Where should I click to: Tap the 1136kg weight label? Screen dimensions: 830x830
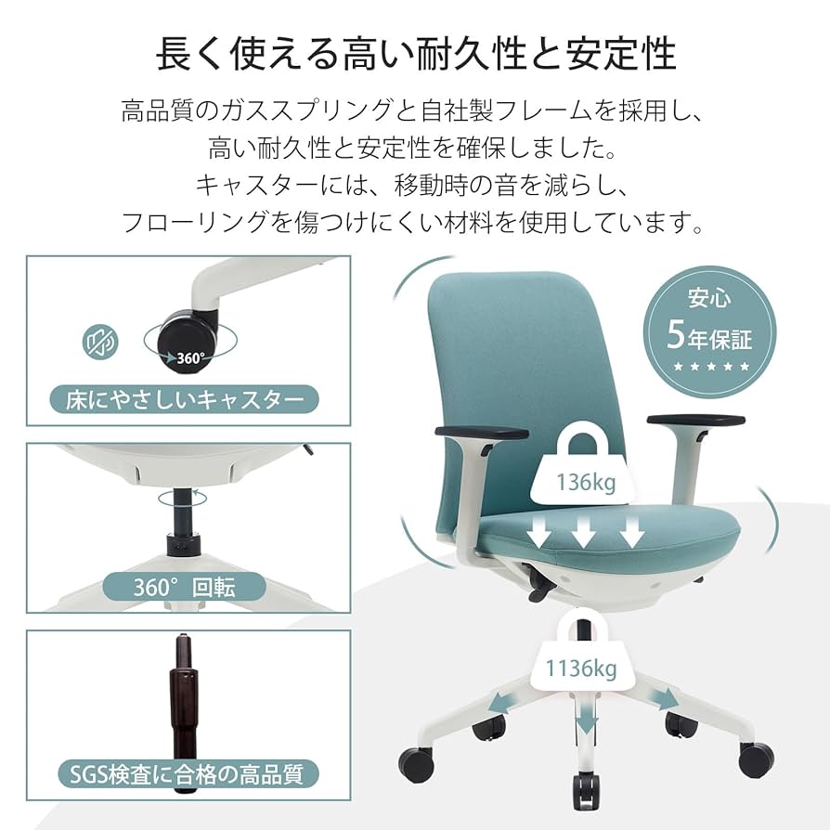(581, 667)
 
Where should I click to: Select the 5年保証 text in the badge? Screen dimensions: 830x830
(709, 335)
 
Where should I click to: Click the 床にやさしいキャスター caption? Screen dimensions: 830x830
(185, 400)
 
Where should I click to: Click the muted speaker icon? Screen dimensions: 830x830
(101, 343)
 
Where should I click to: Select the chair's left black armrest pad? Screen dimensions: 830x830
(479, 432)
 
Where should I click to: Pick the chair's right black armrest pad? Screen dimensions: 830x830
(694, 421)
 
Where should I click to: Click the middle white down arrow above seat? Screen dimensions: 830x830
(582, 532)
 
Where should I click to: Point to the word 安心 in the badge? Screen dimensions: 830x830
(709, 299)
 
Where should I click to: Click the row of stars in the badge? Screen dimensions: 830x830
(709, 367)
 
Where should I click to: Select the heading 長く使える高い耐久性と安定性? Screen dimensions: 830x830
(414, 53)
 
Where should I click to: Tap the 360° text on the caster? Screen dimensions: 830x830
(190, 357)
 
